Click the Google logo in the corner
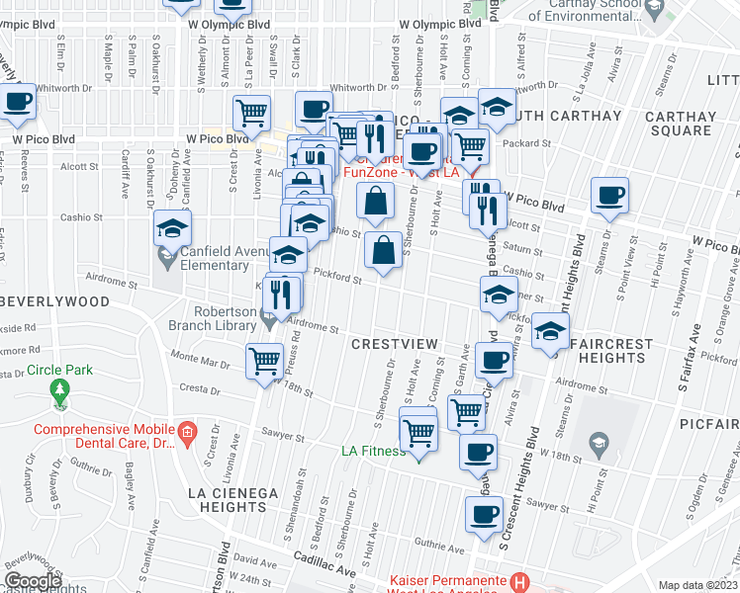point(33,581)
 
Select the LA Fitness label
point(373,452)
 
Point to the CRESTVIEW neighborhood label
point(394,343)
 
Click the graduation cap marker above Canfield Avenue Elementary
point(172,229)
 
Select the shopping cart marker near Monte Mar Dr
point(264,362)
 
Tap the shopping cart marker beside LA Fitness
point(419,433)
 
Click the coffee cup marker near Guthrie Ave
point(484,515)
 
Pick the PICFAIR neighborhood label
point(709,423)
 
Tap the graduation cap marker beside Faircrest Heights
point(551,331)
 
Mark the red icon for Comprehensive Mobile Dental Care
point(186,432)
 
